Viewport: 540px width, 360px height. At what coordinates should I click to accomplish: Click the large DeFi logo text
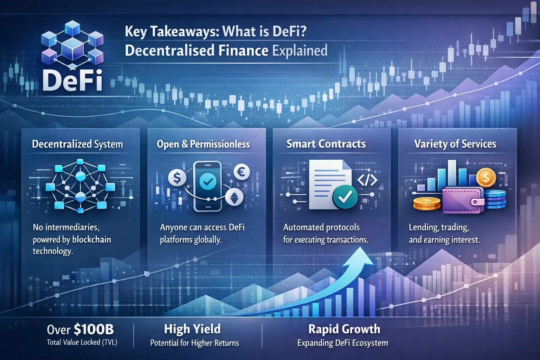(x=72, y=81)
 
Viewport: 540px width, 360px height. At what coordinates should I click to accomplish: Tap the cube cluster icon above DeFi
(x=72, y=44)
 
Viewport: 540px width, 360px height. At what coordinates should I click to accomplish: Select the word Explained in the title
(x=300, y=51)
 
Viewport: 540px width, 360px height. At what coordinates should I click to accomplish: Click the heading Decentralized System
(x=77, y=144)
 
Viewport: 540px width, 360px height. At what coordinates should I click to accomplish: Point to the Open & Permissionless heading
(x=203, y=144)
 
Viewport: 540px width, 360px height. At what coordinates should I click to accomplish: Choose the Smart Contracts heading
(x=326, y=144)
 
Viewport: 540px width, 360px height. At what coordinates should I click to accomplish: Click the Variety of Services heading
(x=455, y=144)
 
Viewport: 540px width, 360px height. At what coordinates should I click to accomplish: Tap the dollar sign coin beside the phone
(x=177, y=178)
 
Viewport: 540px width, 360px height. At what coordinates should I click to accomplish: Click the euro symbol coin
(x=242, y=172)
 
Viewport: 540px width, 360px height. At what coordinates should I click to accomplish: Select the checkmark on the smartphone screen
(x=208, y=181)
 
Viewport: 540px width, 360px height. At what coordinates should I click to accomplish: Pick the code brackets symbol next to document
(x=367, y=180)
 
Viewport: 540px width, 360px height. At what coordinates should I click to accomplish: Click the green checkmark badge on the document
(x=345, y=197)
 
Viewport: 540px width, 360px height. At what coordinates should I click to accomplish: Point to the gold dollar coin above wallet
(x=486, y=178)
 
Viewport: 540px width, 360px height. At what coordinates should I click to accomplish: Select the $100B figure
(x=94, y=329)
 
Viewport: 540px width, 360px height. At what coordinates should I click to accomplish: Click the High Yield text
(x=192, y=329)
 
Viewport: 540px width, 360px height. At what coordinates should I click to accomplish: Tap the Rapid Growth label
(x=344, y=329)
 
